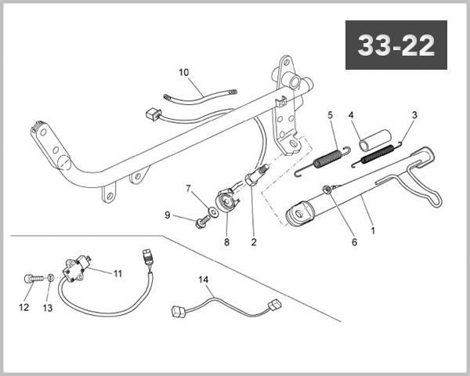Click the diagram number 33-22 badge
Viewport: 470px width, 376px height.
396,46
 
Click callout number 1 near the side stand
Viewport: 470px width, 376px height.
372,232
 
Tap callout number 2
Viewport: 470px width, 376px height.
253,243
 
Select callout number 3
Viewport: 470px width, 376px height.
414,115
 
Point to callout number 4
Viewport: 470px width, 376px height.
352,115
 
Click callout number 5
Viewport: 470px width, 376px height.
331,115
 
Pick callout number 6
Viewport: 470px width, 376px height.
354,243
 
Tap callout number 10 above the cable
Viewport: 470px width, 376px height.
184,73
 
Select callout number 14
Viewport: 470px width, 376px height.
204,279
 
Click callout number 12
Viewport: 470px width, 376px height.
23,308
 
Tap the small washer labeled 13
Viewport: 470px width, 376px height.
49,277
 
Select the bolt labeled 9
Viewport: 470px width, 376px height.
201,222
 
